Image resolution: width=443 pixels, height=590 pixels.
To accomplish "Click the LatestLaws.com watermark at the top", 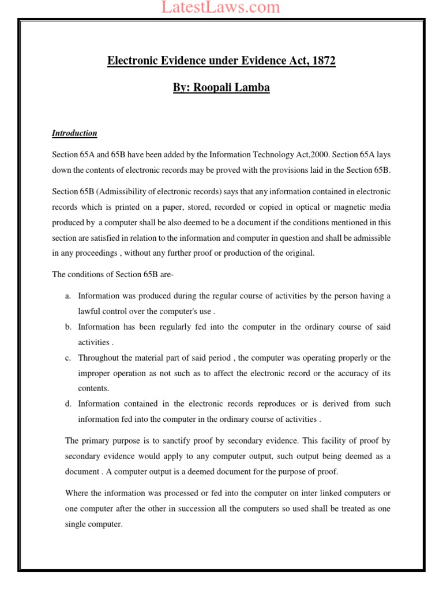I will [x=221, y=7].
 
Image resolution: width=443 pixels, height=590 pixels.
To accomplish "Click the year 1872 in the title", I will [x=322, y=61].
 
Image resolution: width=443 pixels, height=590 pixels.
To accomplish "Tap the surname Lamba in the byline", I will [x=254, y=88].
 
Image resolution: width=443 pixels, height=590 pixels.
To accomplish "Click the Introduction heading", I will [x=74, y=133].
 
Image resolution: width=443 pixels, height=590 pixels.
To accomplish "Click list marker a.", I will [x=67, y=296].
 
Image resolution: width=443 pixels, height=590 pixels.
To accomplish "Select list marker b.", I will [x=67, y=327].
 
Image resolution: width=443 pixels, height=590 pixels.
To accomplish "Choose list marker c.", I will [x=67, y=358].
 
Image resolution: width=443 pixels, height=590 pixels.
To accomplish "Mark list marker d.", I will [x=67, y=404].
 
